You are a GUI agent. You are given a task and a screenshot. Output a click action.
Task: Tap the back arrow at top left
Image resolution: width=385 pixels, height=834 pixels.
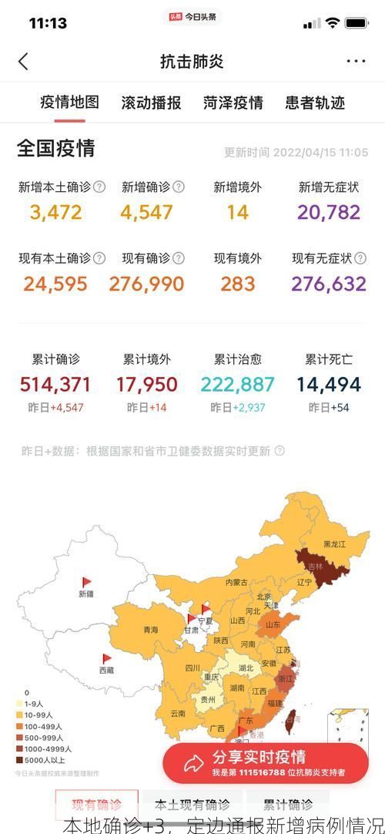(x=23, y=62)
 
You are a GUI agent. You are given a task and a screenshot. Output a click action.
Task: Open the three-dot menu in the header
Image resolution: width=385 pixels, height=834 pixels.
(x=356, y=62)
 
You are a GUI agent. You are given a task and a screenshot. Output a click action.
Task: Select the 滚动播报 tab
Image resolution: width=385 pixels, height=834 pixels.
(x=151, y=103)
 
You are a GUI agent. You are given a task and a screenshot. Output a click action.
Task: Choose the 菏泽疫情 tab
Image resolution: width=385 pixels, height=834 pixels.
(x=233, y=103)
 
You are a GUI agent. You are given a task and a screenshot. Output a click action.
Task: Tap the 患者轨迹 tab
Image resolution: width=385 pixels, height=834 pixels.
(x=315, y=103)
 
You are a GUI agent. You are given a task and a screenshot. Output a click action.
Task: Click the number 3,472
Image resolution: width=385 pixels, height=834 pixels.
(x=56, y=212)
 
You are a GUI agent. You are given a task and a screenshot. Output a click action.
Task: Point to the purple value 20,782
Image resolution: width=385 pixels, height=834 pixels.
(x=329, y=212)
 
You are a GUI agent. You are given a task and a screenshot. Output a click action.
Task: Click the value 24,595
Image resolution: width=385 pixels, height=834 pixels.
(x=55, y=284)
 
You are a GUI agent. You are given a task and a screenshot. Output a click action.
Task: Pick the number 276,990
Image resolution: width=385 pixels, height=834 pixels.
(x=146, y=284)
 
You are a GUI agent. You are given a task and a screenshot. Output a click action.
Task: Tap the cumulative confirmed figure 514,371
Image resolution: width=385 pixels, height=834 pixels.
(x=55, y=384)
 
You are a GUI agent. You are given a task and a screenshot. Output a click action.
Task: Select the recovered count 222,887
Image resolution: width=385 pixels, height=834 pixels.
(x=237, y=384)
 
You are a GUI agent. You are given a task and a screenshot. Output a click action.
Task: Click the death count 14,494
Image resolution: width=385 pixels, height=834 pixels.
(x=329, y=384)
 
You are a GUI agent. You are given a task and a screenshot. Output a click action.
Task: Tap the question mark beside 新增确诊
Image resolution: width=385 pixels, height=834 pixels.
(x=179, y=187)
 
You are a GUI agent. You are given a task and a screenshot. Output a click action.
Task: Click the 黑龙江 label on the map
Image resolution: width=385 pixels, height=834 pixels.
(x=334, y=544)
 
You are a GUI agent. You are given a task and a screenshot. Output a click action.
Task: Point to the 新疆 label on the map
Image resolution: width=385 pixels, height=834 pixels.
(x=85, y=594)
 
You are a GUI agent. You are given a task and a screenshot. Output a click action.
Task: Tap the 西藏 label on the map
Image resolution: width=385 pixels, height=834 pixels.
(x=106, y=670)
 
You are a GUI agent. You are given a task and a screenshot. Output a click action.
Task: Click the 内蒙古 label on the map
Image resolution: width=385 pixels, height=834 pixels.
(x=236, y=583)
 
